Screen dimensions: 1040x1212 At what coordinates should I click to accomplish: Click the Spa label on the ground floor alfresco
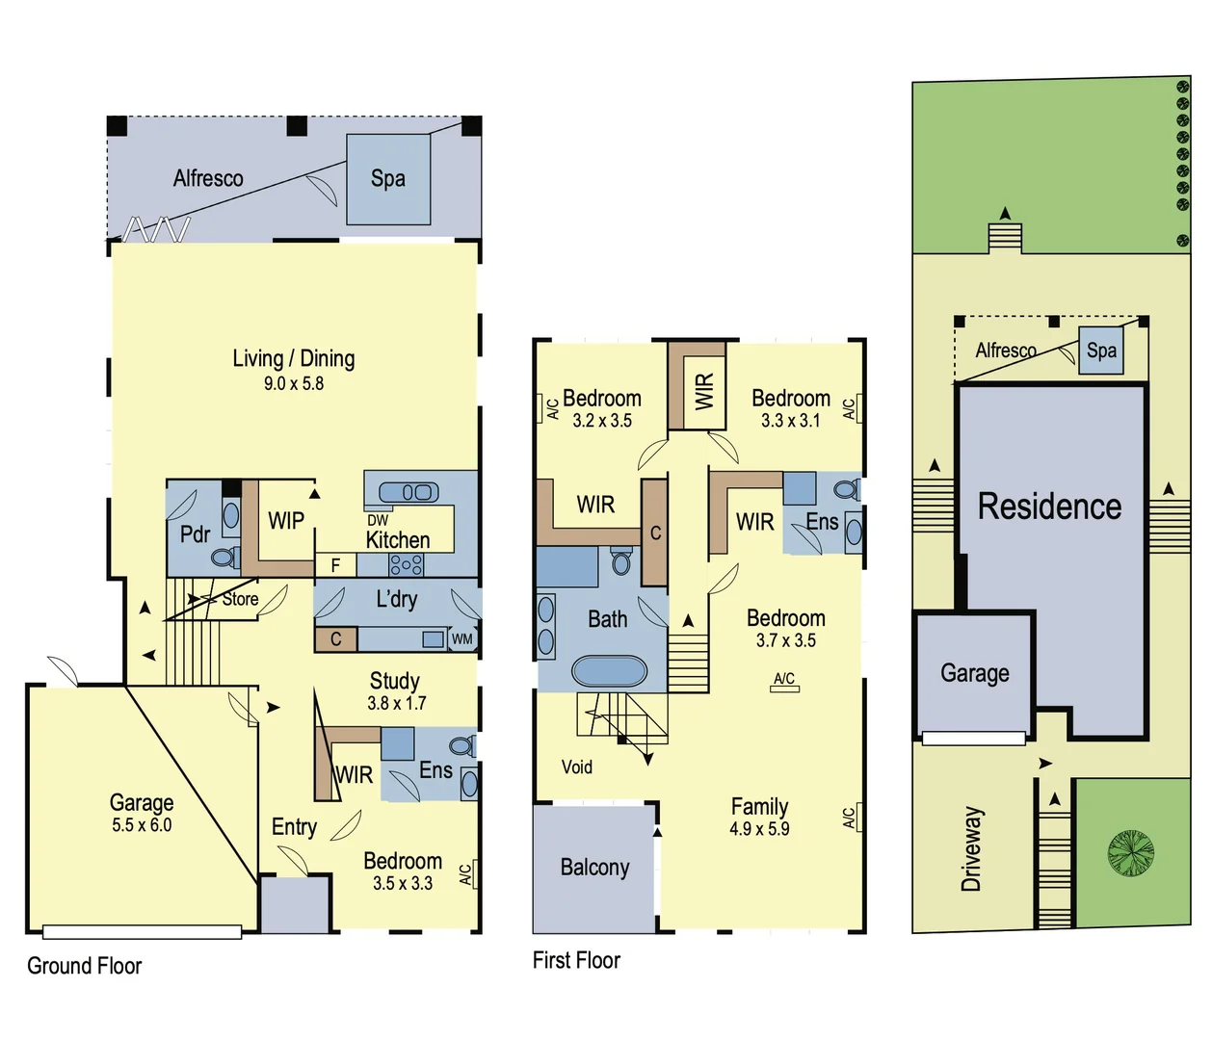coord(387,178)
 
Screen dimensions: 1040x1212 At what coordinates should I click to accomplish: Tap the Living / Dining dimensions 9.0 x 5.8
coord(294,383)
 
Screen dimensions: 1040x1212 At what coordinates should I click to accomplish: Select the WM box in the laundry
coord(462,638)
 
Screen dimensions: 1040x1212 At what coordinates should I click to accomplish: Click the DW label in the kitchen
coord(378,520)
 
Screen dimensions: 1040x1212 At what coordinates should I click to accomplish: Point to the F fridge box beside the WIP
coord(335,565)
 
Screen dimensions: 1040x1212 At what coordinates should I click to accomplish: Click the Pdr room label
coord(195,534)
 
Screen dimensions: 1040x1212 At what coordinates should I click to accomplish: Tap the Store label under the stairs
coord(240,599)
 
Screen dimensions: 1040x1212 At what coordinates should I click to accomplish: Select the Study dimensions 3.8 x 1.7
coord(395,703)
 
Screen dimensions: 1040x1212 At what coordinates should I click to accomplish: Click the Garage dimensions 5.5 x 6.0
coord(142,825)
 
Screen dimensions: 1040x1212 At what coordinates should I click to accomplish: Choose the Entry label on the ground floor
coord(294,827)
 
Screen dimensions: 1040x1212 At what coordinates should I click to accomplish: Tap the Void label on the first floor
coord(577,767)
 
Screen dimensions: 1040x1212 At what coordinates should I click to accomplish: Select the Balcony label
coord(594,868)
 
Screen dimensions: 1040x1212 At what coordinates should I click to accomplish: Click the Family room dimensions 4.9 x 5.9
coord(759,829)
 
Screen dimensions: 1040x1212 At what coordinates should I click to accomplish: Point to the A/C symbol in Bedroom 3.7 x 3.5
coord(784,682)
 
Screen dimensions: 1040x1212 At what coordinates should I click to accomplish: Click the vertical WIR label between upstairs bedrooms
coord(704,391)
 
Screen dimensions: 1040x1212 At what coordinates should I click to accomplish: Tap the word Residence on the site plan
coord(1049,507)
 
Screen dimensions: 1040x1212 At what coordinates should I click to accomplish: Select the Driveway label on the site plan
coord(971,849)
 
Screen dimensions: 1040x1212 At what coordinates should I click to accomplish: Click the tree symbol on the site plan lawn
coord(1130,852)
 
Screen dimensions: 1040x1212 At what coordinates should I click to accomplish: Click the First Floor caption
coord(576,960)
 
